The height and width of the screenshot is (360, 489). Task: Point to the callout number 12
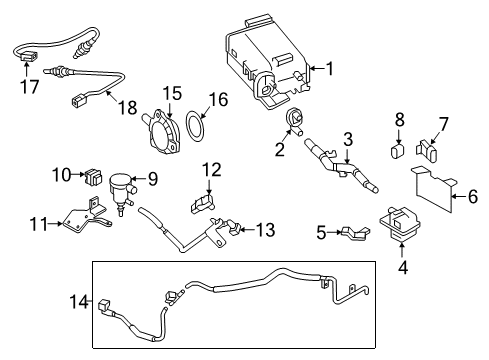click(263, 231)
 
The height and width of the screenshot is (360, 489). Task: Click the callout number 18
click(472, 198)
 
